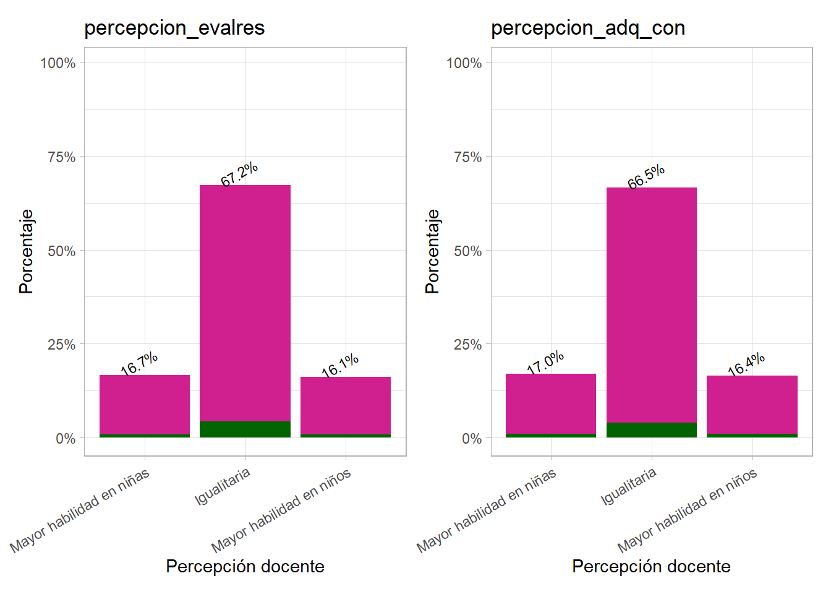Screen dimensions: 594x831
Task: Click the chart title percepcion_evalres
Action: click(174, 28)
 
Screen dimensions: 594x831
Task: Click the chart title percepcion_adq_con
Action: click(587, 28)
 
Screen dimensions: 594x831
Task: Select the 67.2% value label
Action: click(239, 174)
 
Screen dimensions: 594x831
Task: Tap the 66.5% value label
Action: click(646, 176)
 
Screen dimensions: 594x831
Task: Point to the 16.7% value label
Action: click(139, 364)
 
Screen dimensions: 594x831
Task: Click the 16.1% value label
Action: click(340, 365)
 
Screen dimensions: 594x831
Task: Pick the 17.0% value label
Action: click(545, 362)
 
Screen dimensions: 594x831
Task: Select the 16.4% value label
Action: click(746, 364)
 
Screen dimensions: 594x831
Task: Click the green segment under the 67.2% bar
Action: click(245, 429)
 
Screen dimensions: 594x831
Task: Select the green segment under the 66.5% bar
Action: click(652, 430)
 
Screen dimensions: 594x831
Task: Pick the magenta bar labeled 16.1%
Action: click(346, 405)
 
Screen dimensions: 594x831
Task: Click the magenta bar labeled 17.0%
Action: click(551, 403)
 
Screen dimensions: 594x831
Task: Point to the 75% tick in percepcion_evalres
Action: click(62, 157)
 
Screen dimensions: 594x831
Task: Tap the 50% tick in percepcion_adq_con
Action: click(468, 251)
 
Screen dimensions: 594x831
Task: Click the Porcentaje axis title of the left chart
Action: click(26, 251)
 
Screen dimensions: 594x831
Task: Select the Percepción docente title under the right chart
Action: click(651, 566)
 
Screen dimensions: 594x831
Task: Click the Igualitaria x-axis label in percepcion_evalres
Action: click(223, 486)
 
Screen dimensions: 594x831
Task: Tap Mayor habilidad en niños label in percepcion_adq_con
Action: click(687, 511)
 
